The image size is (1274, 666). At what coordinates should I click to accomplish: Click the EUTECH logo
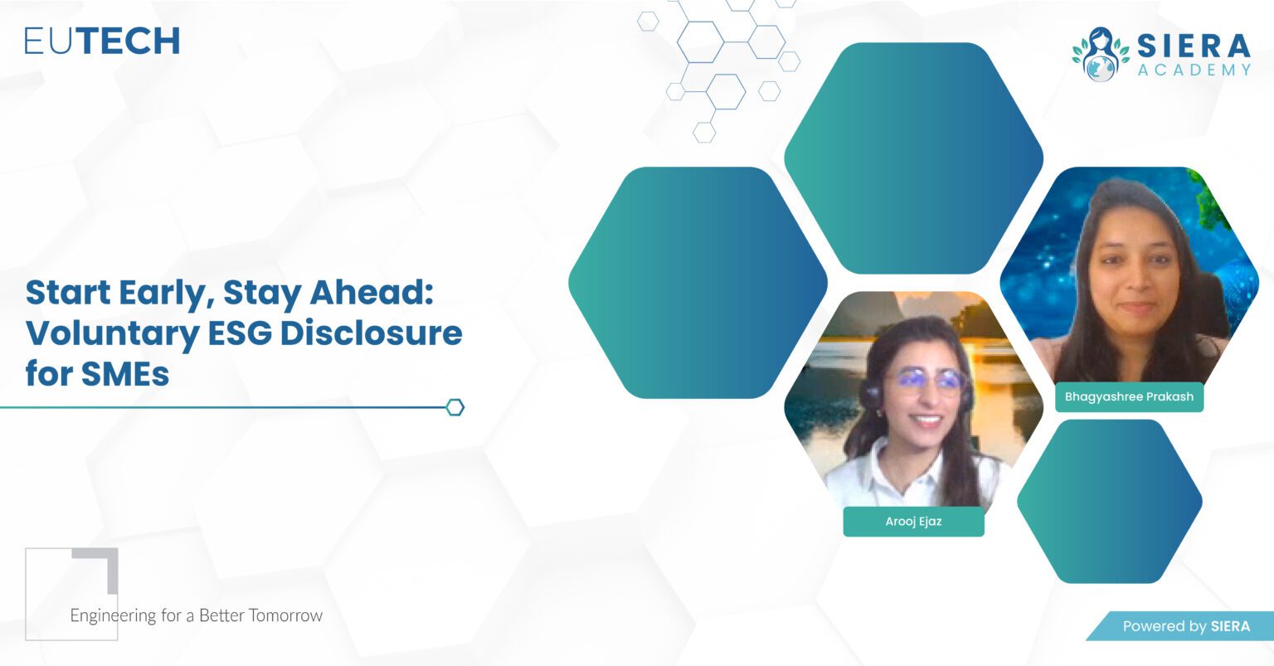pos(102,41)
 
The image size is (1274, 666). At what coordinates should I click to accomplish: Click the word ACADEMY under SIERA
pos(1194,70)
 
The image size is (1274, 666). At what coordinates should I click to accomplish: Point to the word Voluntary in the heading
pos(108,333)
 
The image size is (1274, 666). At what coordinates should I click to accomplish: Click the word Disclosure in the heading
pos(371,333)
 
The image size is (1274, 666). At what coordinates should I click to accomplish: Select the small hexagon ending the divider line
pos(455,407)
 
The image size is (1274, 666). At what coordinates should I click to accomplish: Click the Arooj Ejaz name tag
pos(913,522)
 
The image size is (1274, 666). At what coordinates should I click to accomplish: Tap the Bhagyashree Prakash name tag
pos(1129,396)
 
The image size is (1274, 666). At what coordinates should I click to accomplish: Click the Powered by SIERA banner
pos(1184,626)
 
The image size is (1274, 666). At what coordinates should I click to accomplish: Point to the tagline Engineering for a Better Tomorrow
pos(196,615)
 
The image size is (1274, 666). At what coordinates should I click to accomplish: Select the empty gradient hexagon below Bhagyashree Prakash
pos(1109,501)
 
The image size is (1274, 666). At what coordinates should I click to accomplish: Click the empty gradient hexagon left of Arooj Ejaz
pos(698,283)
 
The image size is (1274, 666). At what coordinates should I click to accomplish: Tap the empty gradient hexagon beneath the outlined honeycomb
pos(913,158)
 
